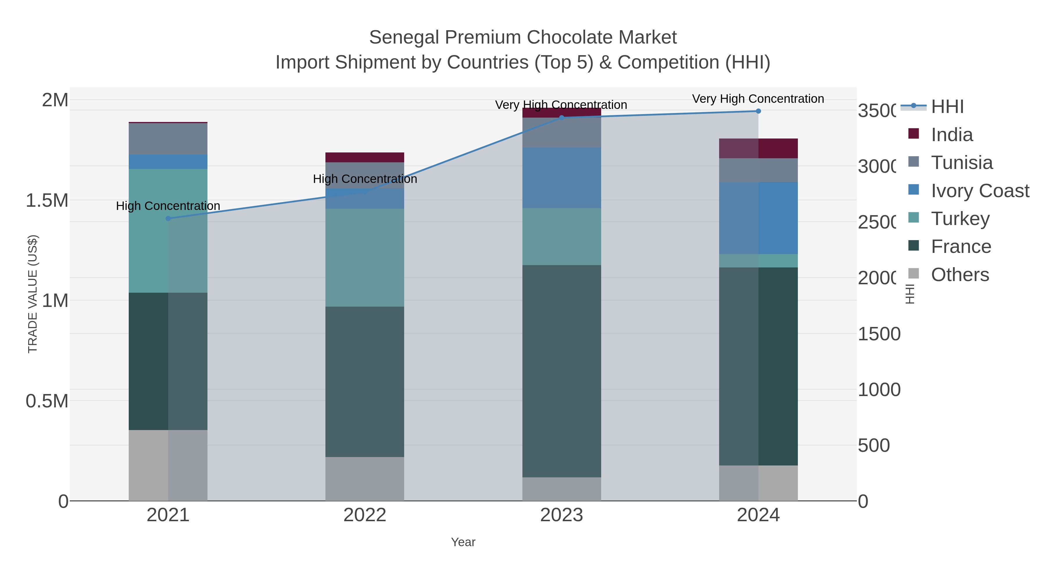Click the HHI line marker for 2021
[168, 218]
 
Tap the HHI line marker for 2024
[758, 111]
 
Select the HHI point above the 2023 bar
[562, 118]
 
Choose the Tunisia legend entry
[961, 162]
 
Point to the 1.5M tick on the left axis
[47, 200]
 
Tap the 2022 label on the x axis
[365, 515]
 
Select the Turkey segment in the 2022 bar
[365, 257]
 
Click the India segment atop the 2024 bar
[758, 148]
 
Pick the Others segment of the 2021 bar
[168, 465]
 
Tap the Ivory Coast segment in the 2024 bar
[758, 218]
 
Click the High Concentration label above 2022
[365, 179]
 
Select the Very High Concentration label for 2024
[758, 99]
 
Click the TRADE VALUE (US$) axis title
[33, 294]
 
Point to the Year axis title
[463, 542]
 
